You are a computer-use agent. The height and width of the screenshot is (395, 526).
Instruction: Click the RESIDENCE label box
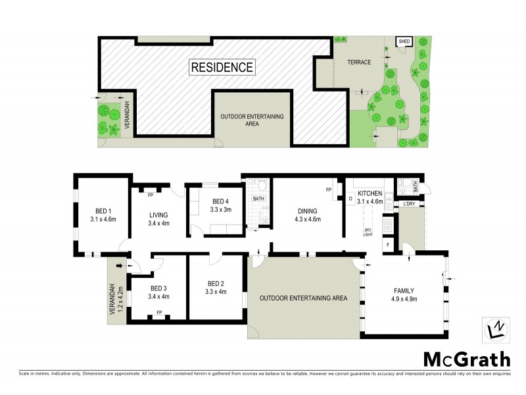(222, 66)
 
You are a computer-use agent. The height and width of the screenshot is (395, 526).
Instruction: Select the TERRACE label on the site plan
(359, 63)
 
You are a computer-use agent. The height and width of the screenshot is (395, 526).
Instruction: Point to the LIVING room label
(158, 215)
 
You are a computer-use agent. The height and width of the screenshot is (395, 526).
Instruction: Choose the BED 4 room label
(221, 201)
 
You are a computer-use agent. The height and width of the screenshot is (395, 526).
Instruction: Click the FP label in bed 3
(159, 313)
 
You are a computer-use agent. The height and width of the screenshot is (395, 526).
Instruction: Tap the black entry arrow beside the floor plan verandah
(119, 265)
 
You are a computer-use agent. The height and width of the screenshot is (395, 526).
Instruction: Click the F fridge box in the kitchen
(388, 245)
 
